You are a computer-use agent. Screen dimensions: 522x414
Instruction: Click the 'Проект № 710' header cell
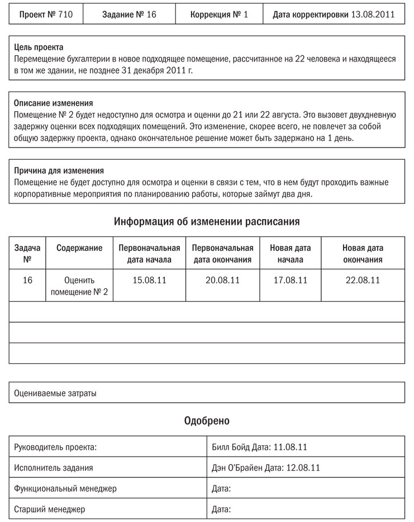coord(46,15)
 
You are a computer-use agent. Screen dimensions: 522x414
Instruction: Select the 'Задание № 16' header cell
coord(129,15)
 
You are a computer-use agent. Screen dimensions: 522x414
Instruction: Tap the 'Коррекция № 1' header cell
coord(219,15)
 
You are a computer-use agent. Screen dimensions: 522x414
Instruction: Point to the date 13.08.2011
coord(372,15)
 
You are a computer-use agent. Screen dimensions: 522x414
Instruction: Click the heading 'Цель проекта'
coord(39,48)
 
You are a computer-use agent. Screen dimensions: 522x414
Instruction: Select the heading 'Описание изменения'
coord(53,103)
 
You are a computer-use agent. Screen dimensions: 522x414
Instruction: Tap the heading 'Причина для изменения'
coord(59,170)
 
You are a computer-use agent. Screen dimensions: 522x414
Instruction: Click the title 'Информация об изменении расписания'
coord(207,221)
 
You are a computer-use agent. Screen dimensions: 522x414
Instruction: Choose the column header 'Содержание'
coord(79,248)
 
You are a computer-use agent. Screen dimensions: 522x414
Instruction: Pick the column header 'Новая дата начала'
coord(291,254)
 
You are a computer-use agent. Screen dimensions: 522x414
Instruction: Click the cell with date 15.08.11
coord(149,280)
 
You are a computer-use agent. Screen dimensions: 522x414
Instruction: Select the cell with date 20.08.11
coord(222,280)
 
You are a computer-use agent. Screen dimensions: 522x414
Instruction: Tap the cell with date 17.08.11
coord(291,280)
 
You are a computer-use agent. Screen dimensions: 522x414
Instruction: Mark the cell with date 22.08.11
coord(363,280)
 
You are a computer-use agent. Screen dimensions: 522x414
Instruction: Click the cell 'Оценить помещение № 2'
coord(79,286)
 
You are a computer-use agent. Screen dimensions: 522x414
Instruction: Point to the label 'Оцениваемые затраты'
coord(55,393)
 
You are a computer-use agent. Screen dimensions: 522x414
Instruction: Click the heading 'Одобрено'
coord(207,421)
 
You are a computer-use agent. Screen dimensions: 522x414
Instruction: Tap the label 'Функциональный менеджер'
coord(65,488)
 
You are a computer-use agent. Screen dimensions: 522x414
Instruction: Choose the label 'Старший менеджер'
coord(50,509)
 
